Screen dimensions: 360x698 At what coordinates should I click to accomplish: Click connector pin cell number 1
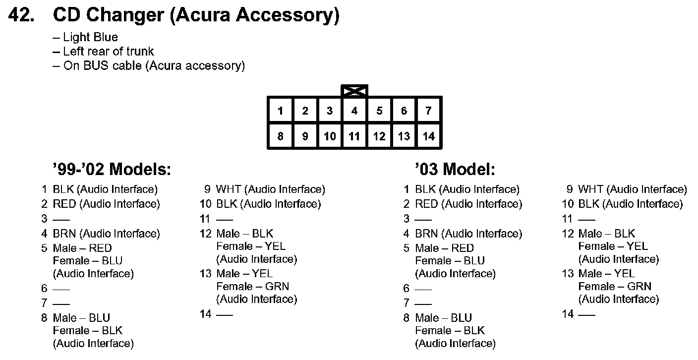click(x=280, y=111)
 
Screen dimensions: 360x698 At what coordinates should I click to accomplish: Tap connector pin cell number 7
click(x=428, y=111)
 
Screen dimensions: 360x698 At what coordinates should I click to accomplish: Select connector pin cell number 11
click(x=354, y=136)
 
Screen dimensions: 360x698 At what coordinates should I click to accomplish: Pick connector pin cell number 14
click(x=428, y=136)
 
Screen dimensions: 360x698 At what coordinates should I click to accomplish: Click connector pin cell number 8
click(x=280, y=136)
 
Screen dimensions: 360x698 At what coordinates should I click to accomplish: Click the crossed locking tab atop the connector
click(x=354, y=91)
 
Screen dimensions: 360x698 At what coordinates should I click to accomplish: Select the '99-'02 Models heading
click(x=112, y=170)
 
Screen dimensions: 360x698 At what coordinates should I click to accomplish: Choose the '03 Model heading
click(x=455, y=170)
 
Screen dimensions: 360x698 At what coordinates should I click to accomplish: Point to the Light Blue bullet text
click(x=90, y=37)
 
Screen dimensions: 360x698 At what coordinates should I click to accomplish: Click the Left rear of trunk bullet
click(x=108, y=51)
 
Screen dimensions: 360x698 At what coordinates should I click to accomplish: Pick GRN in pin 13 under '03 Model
click(x=639, y=286)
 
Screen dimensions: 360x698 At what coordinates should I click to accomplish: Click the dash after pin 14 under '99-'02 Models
click(x=225, y=314)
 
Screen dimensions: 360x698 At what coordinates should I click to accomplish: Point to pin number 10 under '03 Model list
click(x=568, y=204)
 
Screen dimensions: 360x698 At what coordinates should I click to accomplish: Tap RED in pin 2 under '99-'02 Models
click(x=64, y=204)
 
